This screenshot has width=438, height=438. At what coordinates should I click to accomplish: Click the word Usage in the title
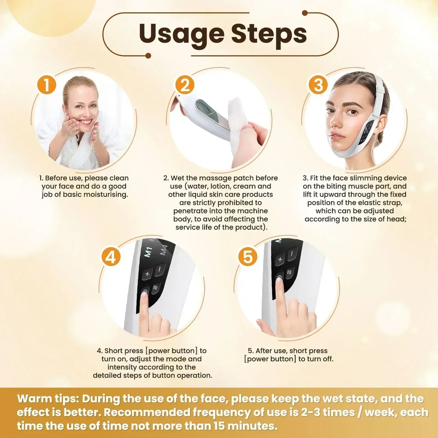[182, 34]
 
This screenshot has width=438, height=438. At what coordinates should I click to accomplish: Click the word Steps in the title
[269, 34]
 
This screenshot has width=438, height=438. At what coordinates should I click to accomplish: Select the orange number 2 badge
[185, 85]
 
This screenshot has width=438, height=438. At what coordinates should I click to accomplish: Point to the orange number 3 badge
[318, 85]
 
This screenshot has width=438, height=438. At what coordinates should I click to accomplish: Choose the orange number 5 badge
[248, 257]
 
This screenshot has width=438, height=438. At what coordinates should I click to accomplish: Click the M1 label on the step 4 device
[148, 252]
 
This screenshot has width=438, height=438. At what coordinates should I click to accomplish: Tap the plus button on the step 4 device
[148, 274]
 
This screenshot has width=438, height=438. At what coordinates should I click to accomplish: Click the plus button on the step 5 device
[280, 259]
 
